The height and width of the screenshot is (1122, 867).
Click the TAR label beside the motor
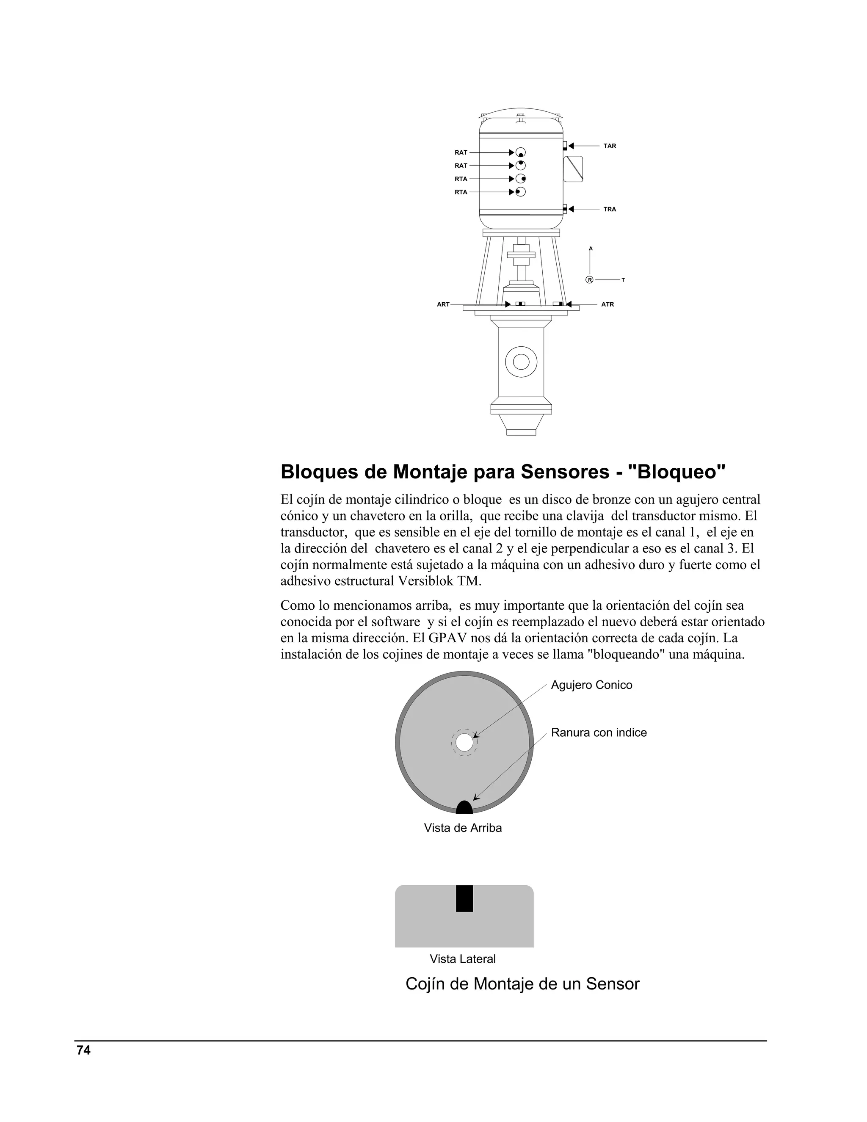pyautogui.click(x=609, y=146)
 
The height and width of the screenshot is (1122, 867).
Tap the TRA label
pyautogui.click(x=609, y=209)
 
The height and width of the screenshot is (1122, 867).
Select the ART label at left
pyautogui.click(x=443, y=304)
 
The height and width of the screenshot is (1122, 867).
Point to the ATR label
pyautogui.click(x=607, y=304)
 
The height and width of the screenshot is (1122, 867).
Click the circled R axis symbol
pyautogui.click(x=590, y=280)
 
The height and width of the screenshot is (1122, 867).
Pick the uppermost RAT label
pyautogui.click(x=461, y=152)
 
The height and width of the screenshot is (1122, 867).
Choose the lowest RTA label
pyautogui.click(x=461, y=192)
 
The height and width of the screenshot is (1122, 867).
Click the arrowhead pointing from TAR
pyautogui.click(x=571, y=146)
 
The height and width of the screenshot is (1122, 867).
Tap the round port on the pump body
pyautogui.click(x=521, y=362)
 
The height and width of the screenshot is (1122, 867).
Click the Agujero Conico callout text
pyautogui.click(x=591, y=685)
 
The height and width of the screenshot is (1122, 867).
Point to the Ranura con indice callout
pyautogui.click(x=598, y=732)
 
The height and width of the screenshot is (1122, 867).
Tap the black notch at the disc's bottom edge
pyautogui.click(x=464, y=808)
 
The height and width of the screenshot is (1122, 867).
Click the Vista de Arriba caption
pyautogui.click(x=463, y=828)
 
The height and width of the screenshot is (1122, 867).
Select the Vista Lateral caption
pyautogui.click(x=463, y=959)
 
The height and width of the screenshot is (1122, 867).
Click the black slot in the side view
pyautogui.click(x=464, y=898)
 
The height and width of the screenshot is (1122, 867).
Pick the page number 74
pyautogui.click(x=83, y=1050)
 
